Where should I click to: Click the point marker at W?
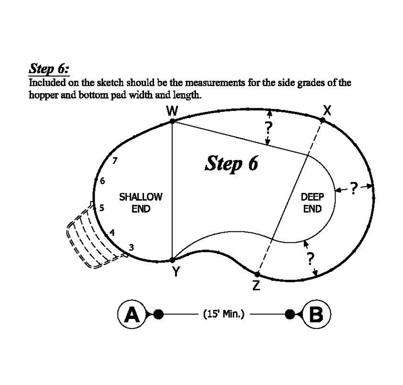[x=172, y=121]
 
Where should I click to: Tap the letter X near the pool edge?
[x=327, y=111]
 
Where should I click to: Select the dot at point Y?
[x=172, y=260]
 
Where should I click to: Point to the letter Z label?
[x=256, y=286]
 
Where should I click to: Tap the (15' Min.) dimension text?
[x=223, y=314]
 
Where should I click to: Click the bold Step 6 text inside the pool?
[x=231, y=163]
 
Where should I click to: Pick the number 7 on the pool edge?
[x=115, y=161]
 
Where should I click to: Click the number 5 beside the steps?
[x=102, y=208]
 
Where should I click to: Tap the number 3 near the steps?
[x=131, y=247]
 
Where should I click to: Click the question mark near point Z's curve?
[x=310, y=258]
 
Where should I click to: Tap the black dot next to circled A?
[x=158, y=314]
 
